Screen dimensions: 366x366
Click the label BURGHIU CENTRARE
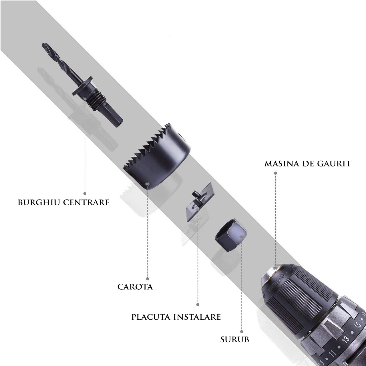pos(64,202)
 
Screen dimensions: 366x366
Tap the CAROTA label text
pos(135,287)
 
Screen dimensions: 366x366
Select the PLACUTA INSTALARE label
pos(176,317)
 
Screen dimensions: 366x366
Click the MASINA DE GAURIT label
pos(308,164)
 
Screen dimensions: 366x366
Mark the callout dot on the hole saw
pos(147,184)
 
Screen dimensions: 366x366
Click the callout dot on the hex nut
pos(241,237)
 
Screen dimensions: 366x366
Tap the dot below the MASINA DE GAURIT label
pos(275,173)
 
